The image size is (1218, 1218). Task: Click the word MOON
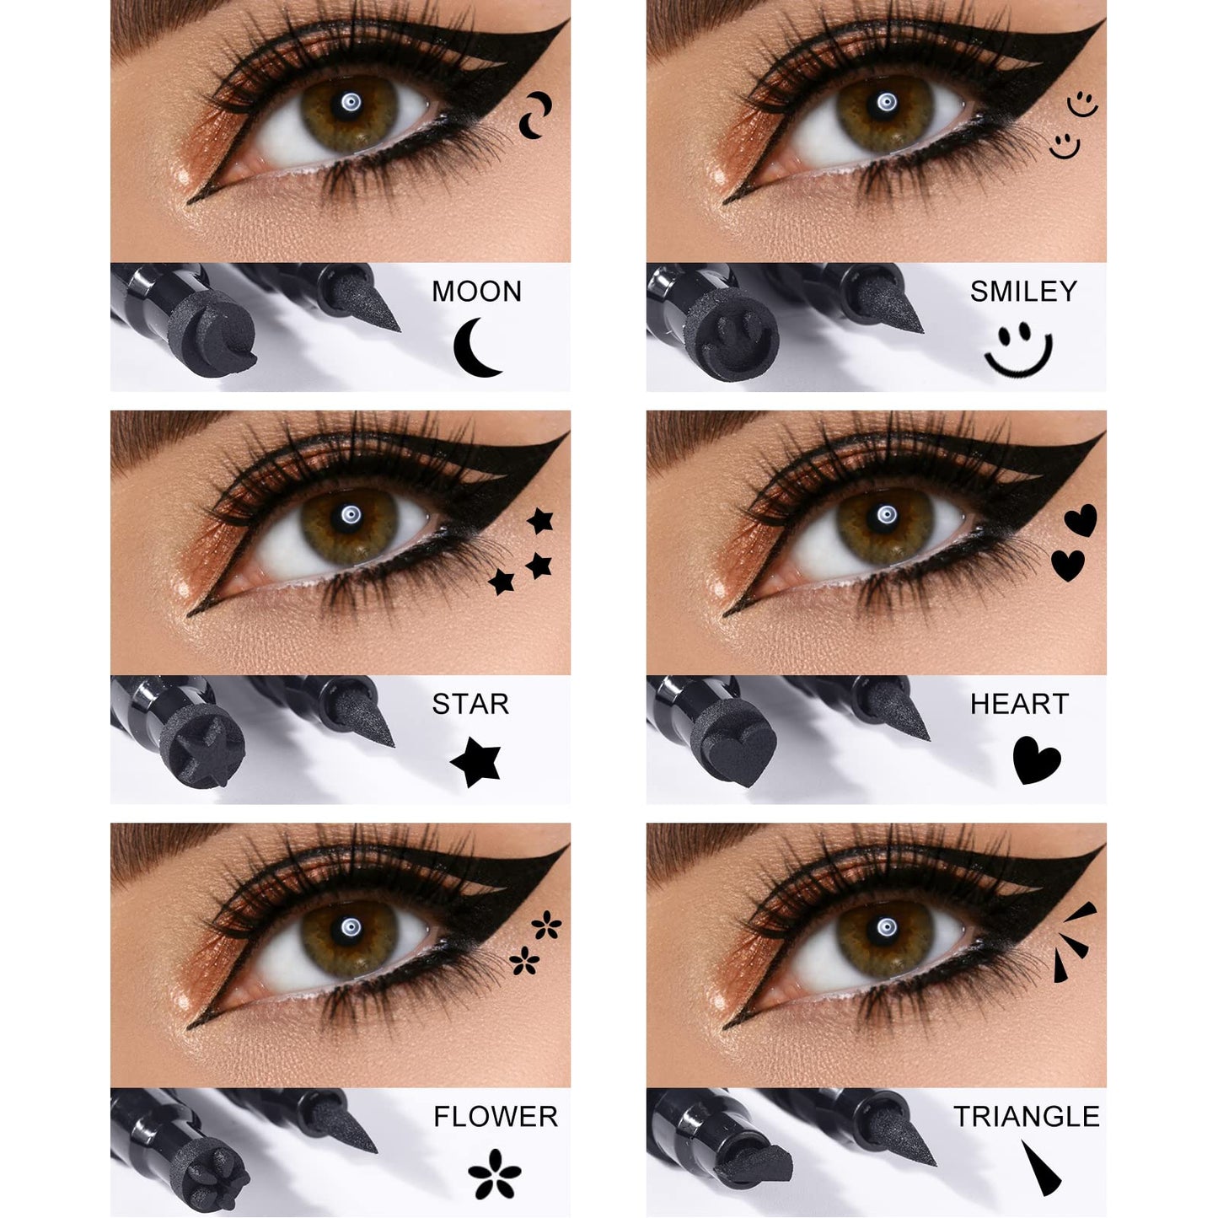(x=476, y=292)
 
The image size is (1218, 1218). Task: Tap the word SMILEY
(x=1022, y=292)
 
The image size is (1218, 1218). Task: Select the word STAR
(x=470, y=704)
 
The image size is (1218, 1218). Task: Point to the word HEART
(x=1019, y=704)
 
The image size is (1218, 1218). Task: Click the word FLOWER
(x=496, y=1117)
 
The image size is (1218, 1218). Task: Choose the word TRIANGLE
(x=1026, y=1117)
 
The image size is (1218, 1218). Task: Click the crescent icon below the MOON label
(x=475, y=347)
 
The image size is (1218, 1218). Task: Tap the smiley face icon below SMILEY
(x=1018, y=349)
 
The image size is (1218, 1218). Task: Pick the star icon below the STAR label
(x=476, y=761)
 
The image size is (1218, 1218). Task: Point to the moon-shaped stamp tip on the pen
(x=207, y=337)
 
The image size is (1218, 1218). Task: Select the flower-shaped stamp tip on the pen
(x=207, y=1163)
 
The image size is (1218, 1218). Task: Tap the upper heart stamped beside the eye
(x=1081, y=520)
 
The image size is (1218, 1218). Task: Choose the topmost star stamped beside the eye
(x=540, y=521)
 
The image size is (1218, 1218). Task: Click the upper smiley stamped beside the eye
(x=1081, y=105)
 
